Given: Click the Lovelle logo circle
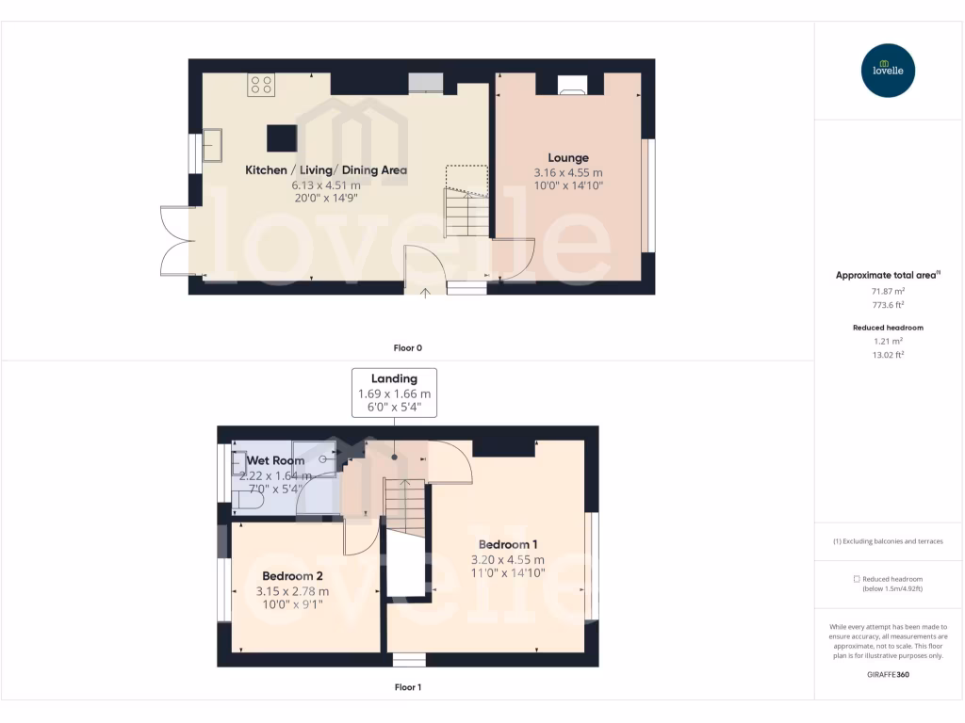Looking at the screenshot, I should tap(888, 71).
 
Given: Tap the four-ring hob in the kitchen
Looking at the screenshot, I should tap(261, 86).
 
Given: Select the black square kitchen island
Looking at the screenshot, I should tap(281, 138).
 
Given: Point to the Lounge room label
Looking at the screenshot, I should tap(568, 158).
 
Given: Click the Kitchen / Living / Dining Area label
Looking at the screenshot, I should tap(326, 170).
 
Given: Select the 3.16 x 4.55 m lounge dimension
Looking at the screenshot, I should tap(568, 173).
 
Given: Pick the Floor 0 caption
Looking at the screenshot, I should tap(408, 347).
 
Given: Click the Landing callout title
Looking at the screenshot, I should tap(394, 378).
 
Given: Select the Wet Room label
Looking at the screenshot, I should tap(275, 460).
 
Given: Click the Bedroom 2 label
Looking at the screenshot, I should tap(292, 576).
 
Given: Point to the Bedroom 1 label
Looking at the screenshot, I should tap(508, 544).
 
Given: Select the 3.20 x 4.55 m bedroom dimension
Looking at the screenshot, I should tap(508, 559).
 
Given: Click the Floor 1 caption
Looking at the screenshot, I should tap(408, 687).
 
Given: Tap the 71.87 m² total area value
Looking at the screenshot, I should tap(888, 292).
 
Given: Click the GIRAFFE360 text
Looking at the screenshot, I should tap(888, 674).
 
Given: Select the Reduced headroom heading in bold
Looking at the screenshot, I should tap(888, 328).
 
